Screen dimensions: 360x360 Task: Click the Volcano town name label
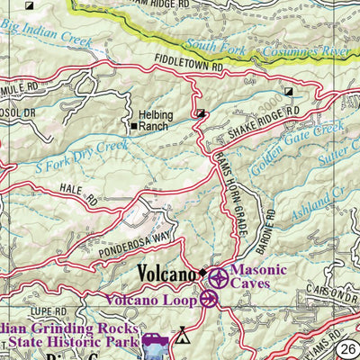click(x=166, y=274)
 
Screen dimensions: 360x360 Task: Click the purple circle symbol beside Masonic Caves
click(x=217, y=276)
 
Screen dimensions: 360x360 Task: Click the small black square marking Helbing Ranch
click(x=133, y=127)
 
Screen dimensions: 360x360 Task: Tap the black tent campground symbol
click(x=184, y=337)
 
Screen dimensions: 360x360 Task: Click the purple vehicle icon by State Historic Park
click(x=153, y=340)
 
